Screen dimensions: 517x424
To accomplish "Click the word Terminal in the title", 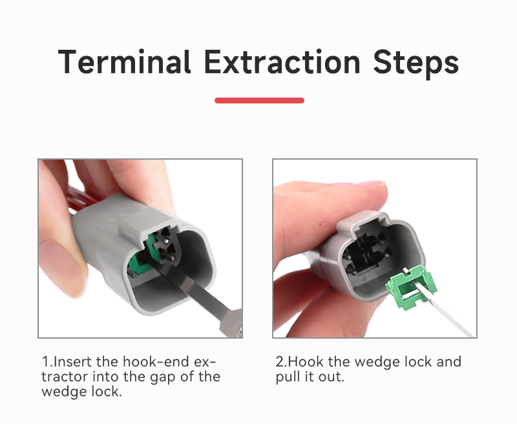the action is pos(124,61).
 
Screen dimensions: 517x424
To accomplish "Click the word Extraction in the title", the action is pos(282,61).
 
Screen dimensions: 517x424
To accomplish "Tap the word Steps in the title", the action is pos(416,63).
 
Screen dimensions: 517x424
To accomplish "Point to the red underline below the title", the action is pos(259,101).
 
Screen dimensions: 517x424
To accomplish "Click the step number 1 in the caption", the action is pos(45,362).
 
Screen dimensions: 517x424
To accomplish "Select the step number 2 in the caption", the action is pos(280,362).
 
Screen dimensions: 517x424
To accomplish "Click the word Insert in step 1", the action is pos(72,362).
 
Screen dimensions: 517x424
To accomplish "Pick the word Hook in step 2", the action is pos(305,362).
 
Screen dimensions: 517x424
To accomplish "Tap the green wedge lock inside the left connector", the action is pos(142,254).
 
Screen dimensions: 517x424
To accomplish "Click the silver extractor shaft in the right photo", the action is pos(445,311).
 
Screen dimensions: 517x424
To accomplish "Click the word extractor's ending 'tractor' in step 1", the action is pos(65,377).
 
